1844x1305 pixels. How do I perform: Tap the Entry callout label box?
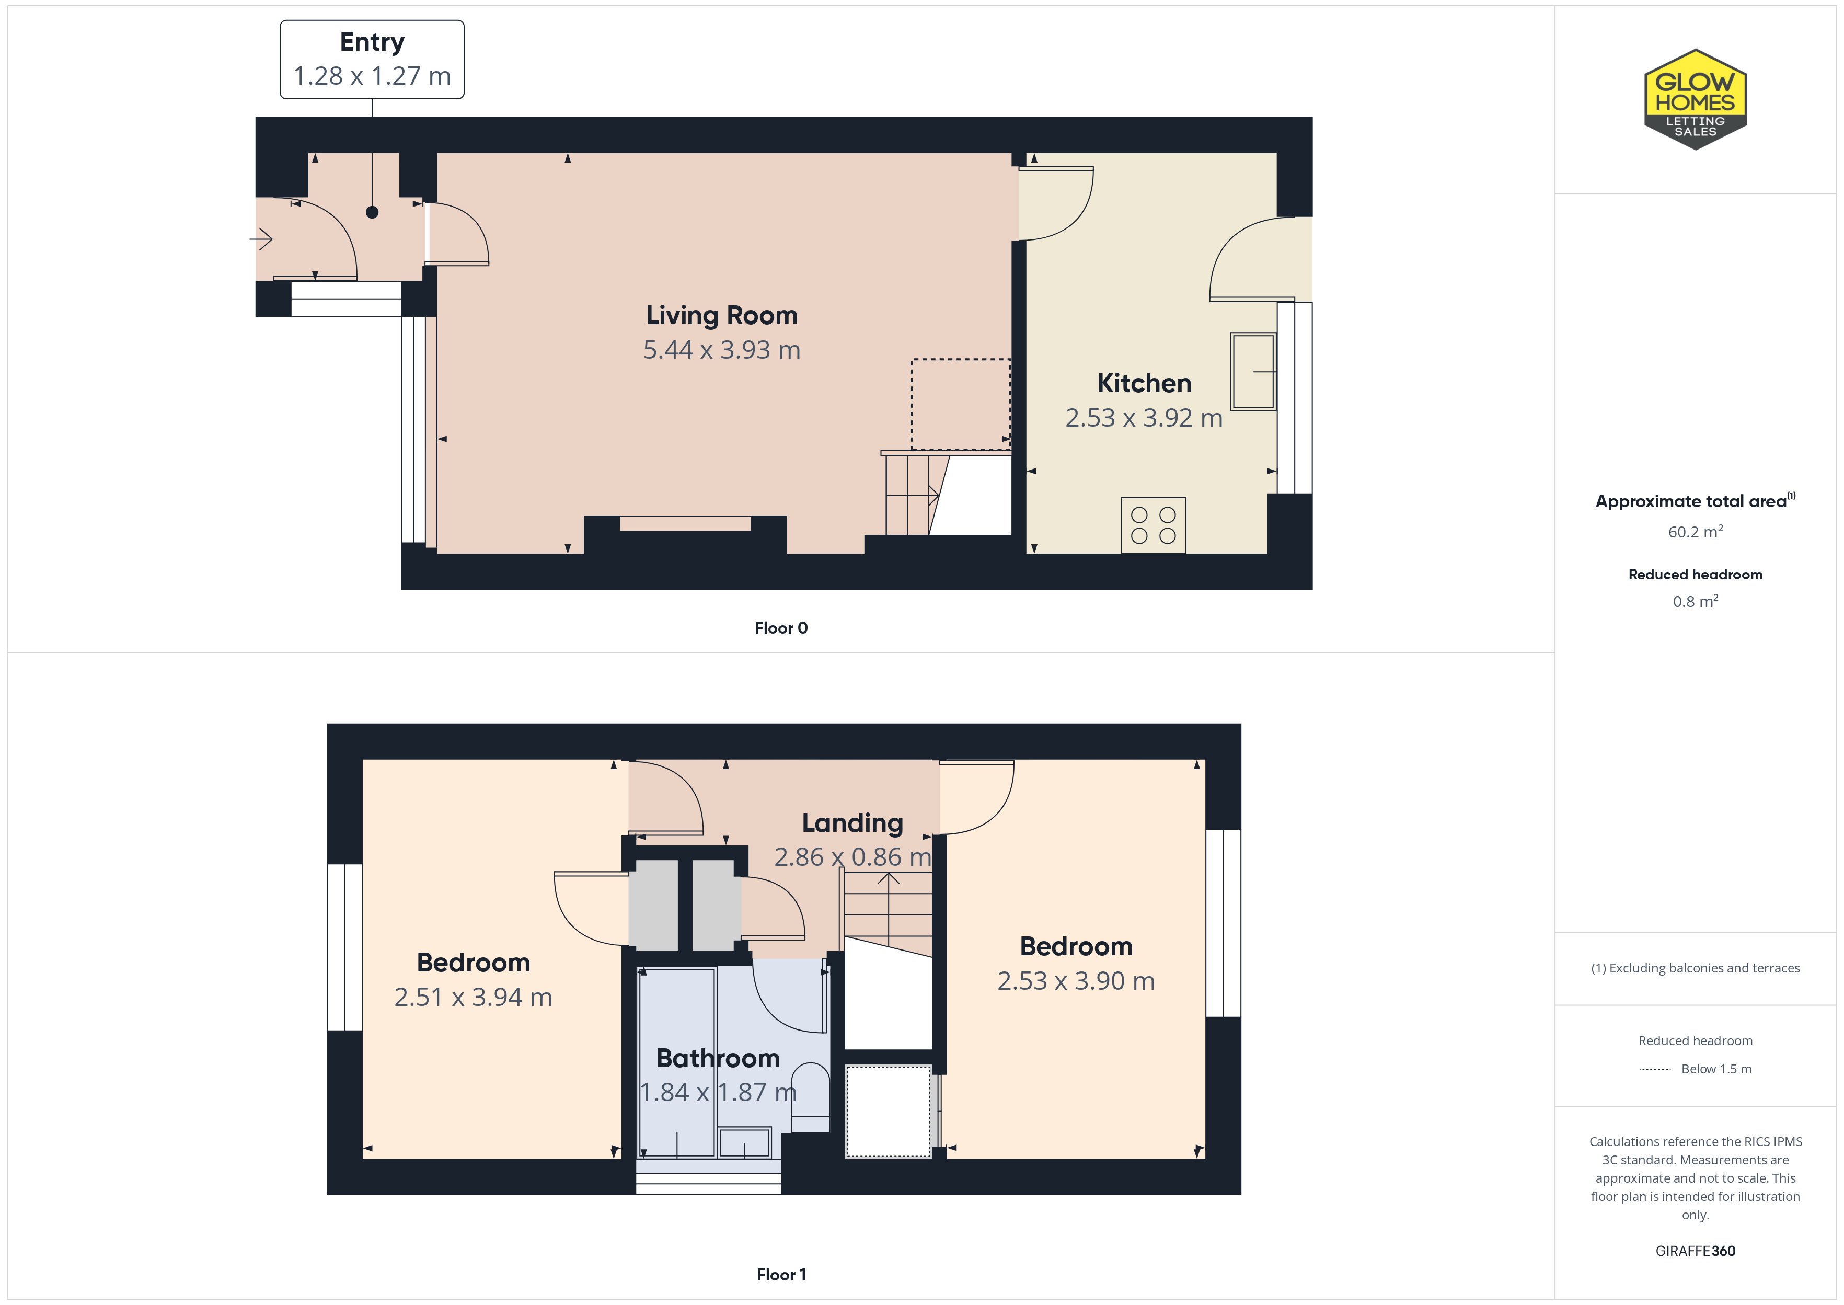coord(372,60)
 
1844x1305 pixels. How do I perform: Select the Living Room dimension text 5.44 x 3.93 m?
coord(721,350)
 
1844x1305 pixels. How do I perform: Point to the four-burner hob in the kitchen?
coord(1154,525)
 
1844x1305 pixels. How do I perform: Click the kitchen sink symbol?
coord(1253,371)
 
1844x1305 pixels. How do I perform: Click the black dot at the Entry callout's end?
coord(372,212)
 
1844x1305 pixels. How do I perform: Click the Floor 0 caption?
coord(781,627)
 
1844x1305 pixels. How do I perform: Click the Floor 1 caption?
coord(781,1275)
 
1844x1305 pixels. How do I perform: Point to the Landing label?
coord(852,823)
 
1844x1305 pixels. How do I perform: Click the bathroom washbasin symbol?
coord(744,1142)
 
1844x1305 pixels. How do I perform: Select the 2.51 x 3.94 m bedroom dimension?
coord(473,997)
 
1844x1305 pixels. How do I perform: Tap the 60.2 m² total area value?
coord(1696,531)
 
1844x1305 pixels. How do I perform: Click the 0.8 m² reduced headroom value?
coord(1696,601)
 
